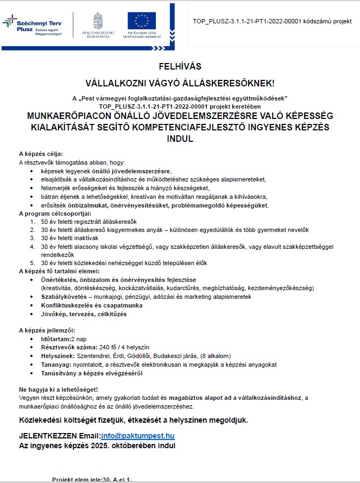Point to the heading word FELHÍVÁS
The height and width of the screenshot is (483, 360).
[180, 67]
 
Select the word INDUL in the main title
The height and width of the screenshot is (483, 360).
[180, 139]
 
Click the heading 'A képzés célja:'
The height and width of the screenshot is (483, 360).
[41, 154]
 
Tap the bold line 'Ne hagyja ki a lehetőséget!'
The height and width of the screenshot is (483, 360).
[59, 390]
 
